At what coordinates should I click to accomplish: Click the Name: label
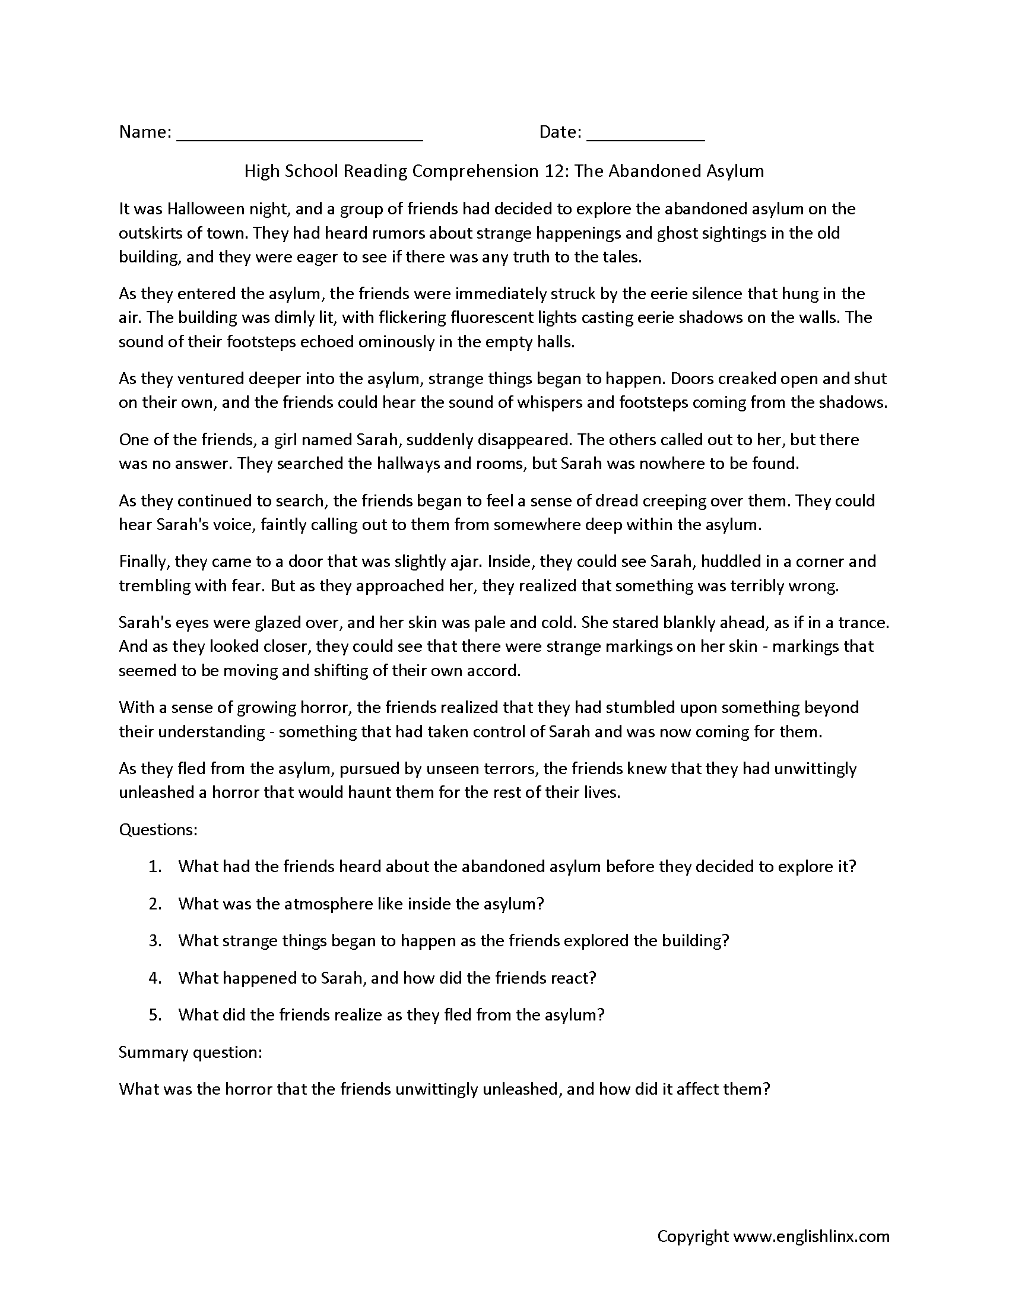145,132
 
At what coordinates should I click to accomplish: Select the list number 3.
156,941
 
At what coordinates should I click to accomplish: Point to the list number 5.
156,1015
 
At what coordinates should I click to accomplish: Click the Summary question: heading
191,1052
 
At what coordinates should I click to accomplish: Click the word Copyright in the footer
693,1236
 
